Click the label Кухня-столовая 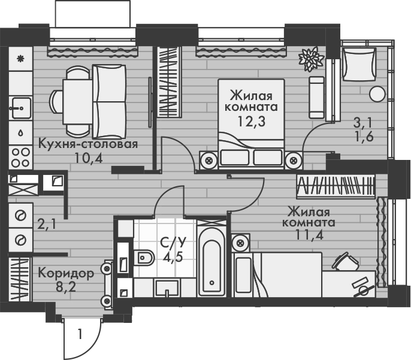pos(88,144)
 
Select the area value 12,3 pos(251,121)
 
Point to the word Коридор pos(66,274)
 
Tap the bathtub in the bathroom pos(212,264)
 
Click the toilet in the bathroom pos(143,258)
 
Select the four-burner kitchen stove pos(21,156)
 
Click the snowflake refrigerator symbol pos(20,59)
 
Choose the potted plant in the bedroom pos(311,59)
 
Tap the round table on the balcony pos(377,94)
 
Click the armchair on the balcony pos(358,62)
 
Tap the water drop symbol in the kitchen pos(20,132)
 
